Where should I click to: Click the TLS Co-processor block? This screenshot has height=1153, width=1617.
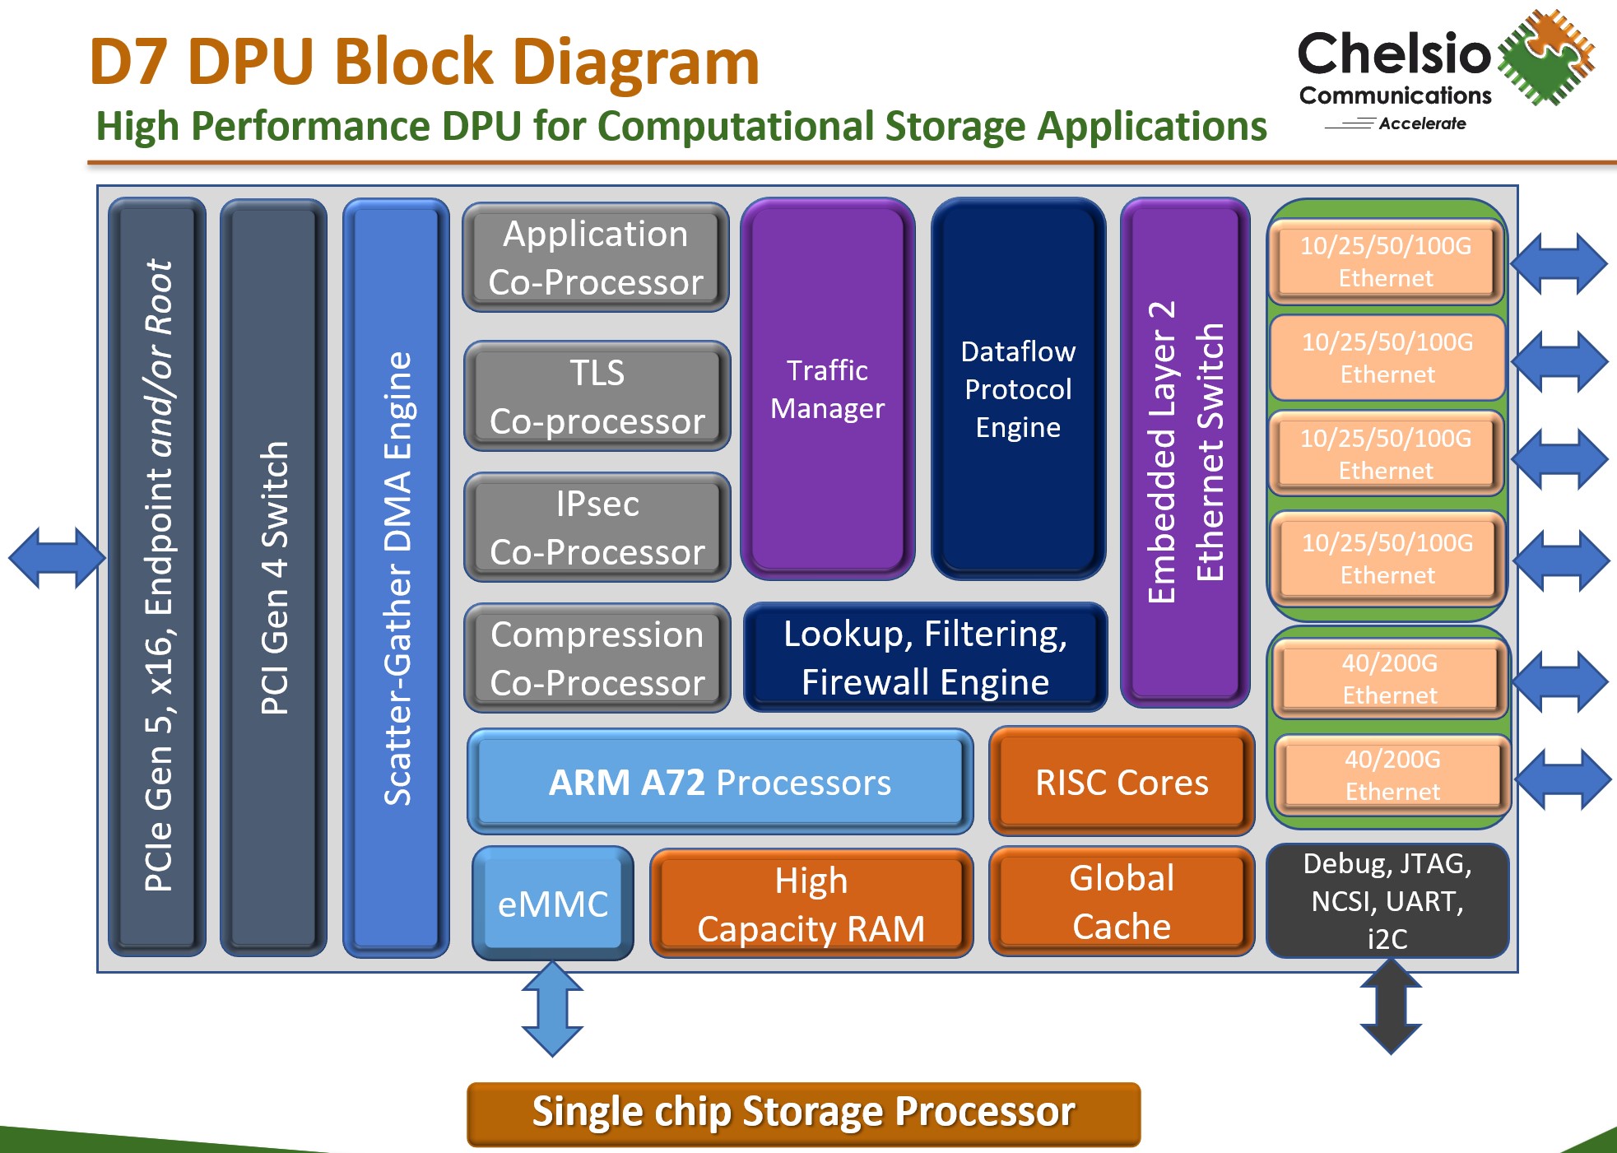coord(597,396)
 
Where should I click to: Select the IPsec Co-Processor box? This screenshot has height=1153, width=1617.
coord(597,527)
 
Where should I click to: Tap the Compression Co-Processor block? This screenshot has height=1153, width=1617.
coord(597,658)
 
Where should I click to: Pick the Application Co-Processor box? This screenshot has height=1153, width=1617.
coord(595,257)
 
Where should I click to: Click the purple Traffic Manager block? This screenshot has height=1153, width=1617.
coord(827,388)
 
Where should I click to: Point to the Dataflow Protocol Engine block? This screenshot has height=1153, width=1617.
coord(1018,388)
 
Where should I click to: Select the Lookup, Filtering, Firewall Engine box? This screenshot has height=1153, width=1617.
coord(925,657)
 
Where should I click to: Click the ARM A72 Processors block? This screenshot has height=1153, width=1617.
coord(719,781)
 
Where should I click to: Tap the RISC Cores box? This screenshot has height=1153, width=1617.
coord(1121,781)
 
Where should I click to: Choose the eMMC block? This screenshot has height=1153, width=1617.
coord(552,903)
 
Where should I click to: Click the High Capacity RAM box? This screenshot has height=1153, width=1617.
coord(811,903)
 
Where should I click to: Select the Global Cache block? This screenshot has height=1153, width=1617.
coord(1121,901)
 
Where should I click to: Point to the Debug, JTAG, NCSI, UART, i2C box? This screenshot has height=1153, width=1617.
coord(1387,900)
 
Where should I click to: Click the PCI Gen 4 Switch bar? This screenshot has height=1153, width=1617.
coord(273,577)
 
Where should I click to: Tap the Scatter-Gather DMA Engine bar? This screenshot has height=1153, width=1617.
coord(396,577)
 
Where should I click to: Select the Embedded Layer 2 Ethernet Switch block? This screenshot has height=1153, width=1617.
coord(1185,452)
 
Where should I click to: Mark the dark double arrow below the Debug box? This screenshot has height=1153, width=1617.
coord(1391,1006)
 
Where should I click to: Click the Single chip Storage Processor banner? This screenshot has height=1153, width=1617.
coord(803,1113)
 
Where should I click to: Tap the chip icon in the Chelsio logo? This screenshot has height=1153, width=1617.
coord(1545,57)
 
